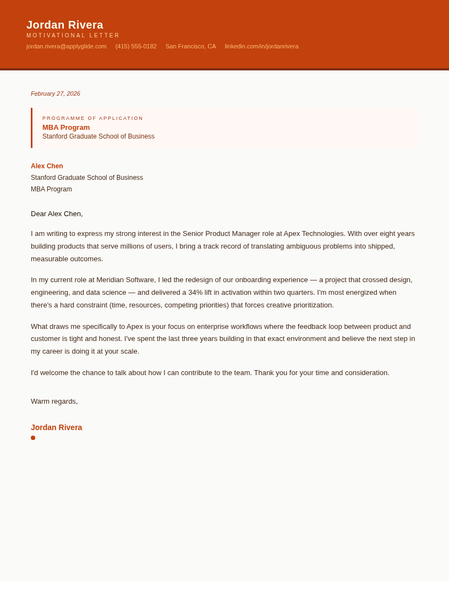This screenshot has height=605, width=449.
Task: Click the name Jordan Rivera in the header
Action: pyautogui.click(x=65, y=25)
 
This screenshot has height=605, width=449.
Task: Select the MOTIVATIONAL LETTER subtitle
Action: pyautogui.click(x=73, y=36)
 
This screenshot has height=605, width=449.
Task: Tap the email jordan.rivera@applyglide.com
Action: pyautogui.click(x=67, y=46)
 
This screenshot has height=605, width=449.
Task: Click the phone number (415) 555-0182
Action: pyautogui.click(x=136, y=46)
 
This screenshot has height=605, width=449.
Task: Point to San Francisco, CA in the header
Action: pyautogui.click(x=190, y=46)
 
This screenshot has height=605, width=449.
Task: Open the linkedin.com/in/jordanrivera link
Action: pyautogui.click(x=261, y=46)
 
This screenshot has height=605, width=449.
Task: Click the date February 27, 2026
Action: pyautogui.click(x=56, y=94)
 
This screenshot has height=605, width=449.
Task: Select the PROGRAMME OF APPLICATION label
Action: pyautogui.click(x=92, y=118)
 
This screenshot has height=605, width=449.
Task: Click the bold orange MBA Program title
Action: pyautogui.click(x=66, y=128)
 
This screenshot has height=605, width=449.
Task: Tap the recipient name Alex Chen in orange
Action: pyautogui.click(x=47, y=166)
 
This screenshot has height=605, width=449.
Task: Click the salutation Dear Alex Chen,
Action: pyautogui.click(x=57, y=214)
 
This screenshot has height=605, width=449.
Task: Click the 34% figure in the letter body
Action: pyautogui.click(x=195, y=293)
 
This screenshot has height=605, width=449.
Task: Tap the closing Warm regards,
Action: pyautogui.click(x=54, y=402)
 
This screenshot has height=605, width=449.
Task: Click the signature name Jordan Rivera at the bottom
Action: pyautogui.click(x=56, y=427)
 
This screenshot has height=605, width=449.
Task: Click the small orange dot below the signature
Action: pyautogui.click(x=33, y=438)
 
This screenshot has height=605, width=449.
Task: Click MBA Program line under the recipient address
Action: pyautogui.click(x=51, y=189)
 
